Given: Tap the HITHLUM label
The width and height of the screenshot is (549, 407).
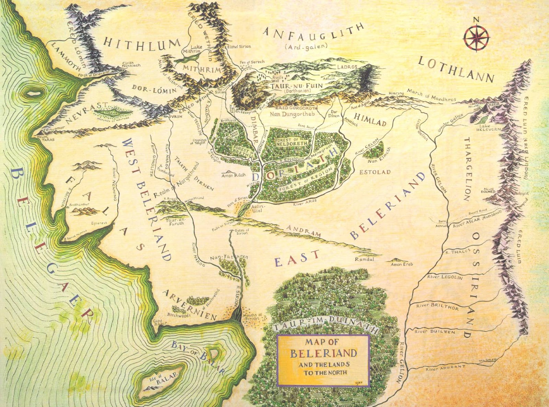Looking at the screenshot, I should tap(142, 44).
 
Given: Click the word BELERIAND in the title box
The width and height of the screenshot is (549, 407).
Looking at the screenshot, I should tap(323, 353).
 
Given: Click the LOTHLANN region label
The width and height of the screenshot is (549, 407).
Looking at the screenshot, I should tap(456, 69).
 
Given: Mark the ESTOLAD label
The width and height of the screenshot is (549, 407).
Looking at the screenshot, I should tap(375, 172).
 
